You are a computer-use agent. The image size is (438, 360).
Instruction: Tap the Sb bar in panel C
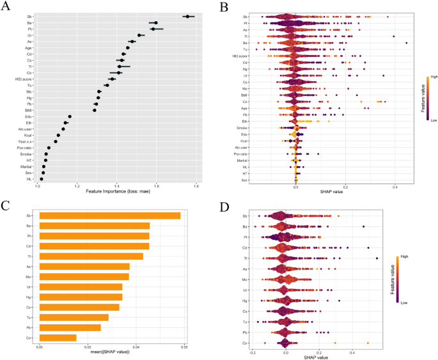pos(110,215)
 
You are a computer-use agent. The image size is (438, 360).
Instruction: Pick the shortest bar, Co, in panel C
pos(58,338)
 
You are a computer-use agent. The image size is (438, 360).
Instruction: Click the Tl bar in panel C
pos(91,256)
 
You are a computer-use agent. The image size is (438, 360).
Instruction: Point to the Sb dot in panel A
pos(187,17)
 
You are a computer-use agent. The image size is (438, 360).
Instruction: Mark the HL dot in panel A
pos(42,179)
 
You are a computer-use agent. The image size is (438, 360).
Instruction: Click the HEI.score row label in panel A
pos(24,79)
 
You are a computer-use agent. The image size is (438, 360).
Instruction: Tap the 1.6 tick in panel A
pos(156,186)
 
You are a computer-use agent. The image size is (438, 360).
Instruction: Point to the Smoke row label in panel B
pos(244,128)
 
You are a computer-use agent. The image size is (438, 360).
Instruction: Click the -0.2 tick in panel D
pos(253,352)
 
